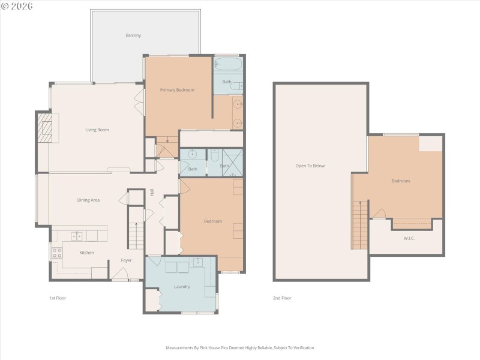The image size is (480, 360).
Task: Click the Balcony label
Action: pos(133,35)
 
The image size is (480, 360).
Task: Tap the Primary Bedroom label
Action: pos(176,90)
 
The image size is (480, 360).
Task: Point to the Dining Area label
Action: pos(88,200)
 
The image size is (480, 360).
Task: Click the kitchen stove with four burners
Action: pos(58,253)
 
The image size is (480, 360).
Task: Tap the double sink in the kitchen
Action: pos(77,236)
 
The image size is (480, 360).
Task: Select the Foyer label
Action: pos(126,260)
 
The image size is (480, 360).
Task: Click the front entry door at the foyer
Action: pos(119,277)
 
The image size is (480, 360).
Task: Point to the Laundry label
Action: pos(182,287)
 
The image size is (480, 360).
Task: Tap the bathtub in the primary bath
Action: pos(227,64)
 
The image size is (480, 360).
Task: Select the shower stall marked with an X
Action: pos(232,162)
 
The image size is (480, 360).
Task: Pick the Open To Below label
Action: pos(310,166)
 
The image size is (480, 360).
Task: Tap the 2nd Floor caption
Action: pos(282,298)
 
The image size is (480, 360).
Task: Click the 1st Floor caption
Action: pos(58,298)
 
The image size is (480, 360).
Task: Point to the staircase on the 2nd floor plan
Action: pos(359,225)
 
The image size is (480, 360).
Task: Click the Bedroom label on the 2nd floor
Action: pos(400,181)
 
